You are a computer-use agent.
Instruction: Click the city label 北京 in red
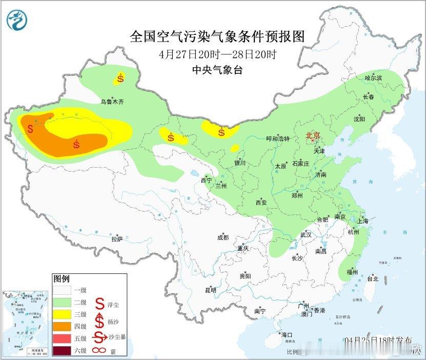tap(312, 135)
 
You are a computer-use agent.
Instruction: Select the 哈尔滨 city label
tap(374, 78)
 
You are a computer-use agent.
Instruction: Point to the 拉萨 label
tap(117, 238)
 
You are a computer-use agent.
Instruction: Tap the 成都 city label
tap(222, 237)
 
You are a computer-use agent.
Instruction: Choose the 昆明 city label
tap(210, 290)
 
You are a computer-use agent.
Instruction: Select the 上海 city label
tap(363, 221)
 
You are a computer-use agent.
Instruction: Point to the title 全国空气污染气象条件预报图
tap(217, 37)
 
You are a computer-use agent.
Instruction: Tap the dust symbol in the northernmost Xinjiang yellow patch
tap(120, 78)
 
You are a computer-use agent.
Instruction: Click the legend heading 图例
tap(61, 279)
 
